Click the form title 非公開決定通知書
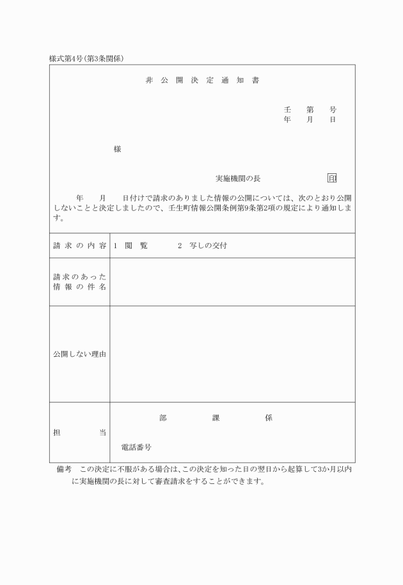click(x=201, y=81)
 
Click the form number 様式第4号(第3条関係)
click(x=86, y=59)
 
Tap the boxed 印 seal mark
click(x=332, y=178)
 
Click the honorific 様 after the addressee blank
click(x=117, y=149)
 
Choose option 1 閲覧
click(x=130, y=246)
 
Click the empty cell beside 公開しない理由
click(x=232, y=354)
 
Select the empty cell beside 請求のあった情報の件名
click(x=232, y=282)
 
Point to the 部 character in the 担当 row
click(x=163, y=418)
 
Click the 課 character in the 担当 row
click(x=216, y=418)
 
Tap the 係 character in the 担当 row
click(x=268, y=418)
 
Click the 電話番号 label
click(x=136, y=448)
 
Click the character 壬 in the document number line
click(x=287, y=110)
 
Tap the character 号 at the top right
click(x=333, y=110)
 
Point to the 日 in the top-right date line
click(x=333, y=120)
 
